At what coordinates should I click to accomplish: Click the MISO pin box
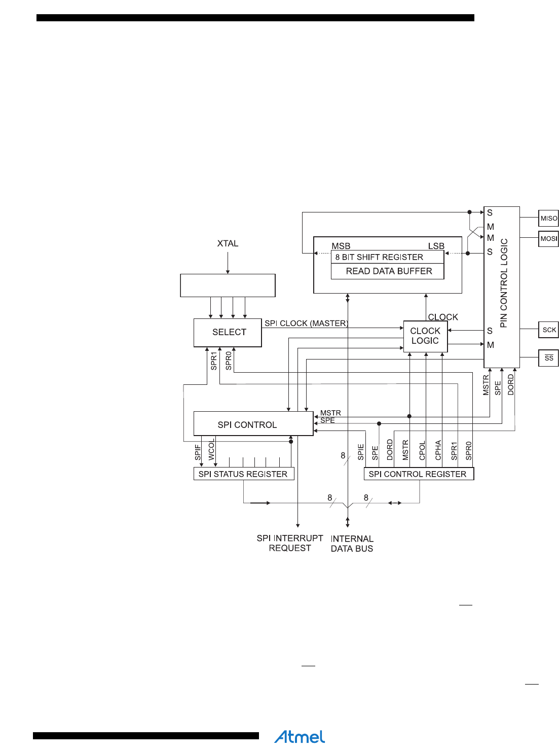[x=548, y=219]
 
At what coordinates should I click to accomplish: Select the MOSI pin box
[x=548, y=239]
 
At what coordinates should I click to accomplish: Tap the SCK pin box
[x=549, y=330]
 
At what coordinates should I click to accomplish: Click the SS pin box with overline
[x=549, y=358]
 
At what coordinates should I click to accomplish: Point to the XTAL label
[x=228, y=244]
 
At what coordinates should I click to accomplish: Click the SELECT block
[x=228, y=333]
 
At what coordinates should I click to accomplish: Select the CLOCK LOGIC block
[x=425, y=336]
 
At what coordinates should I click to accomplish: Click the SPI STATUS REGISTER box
[x=243, y=474]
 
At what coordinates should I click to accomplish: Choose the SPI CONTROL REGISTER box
[x=418, y=474]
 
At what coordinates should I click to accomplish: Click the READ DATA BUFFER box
[x=388, y=271]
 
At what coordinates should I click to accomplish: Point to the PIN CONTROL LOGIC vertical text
[x=504, y=283]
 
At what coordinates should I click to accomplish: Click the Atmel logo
[x=300, y=737]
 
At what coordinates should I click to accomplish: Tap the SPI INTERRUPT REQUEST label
[x=290, y=543]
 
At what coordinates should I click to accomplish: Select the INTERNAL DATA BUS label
[x=352, y=544]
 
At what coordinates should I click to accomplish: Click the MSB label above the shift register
[x=341, y=246]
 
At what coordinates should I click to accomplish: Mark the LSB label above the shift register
[x=436, y=246]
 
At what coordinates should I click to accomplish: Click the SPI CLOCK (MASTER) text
[x=306, y=324]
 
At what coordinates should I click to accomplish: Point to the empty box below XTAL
[x=228, y=285]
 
